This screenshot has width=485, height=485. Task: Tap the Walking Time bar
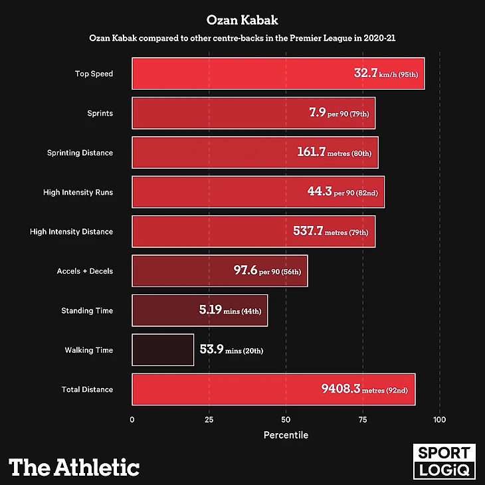163,349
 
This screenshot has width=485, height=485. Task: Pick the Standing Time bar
199,310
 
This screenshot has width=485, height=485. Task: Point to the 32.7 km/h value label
385,73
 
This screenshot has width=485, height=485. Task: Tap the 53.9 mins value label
231,349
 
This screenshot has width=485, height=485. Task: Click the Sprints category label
100,113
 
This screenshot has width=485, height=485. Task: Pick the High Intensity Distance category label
71,232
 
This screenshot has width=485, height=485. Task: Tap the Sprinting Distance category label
80,153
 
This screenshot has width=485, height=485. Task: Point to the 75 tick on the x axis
363,420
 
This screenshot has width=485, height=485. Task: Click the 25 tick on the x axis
209,420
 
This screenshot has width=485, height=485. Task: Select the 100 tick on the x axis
439,420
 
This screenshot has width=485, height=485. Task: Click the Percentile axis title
286,435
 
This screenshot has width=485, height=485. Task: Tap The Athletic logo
74,467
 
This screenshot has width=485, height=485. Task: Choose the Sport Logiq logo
444,462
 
